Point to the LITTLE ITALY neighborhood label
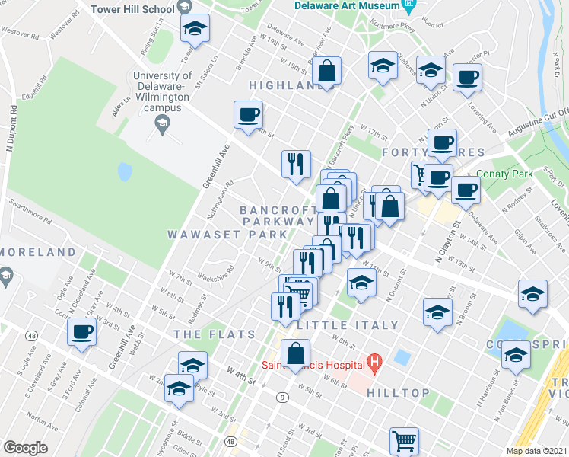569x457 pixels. coord(348,325)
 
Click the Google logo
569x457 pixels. coord(25,448)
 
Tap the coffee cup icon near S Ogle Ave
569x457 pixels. coord(82,332)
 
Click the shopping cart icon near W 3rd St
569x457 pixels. coord(404,440)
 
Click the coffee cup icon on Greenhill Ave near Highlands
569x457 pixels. coord(247,115)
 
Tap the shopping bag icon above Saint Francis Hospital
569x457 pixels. coord(295,353)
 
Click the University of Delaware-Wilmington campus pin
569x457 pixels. coord(161,127)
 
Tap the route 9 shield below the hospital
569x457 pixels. coord(282,397)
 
